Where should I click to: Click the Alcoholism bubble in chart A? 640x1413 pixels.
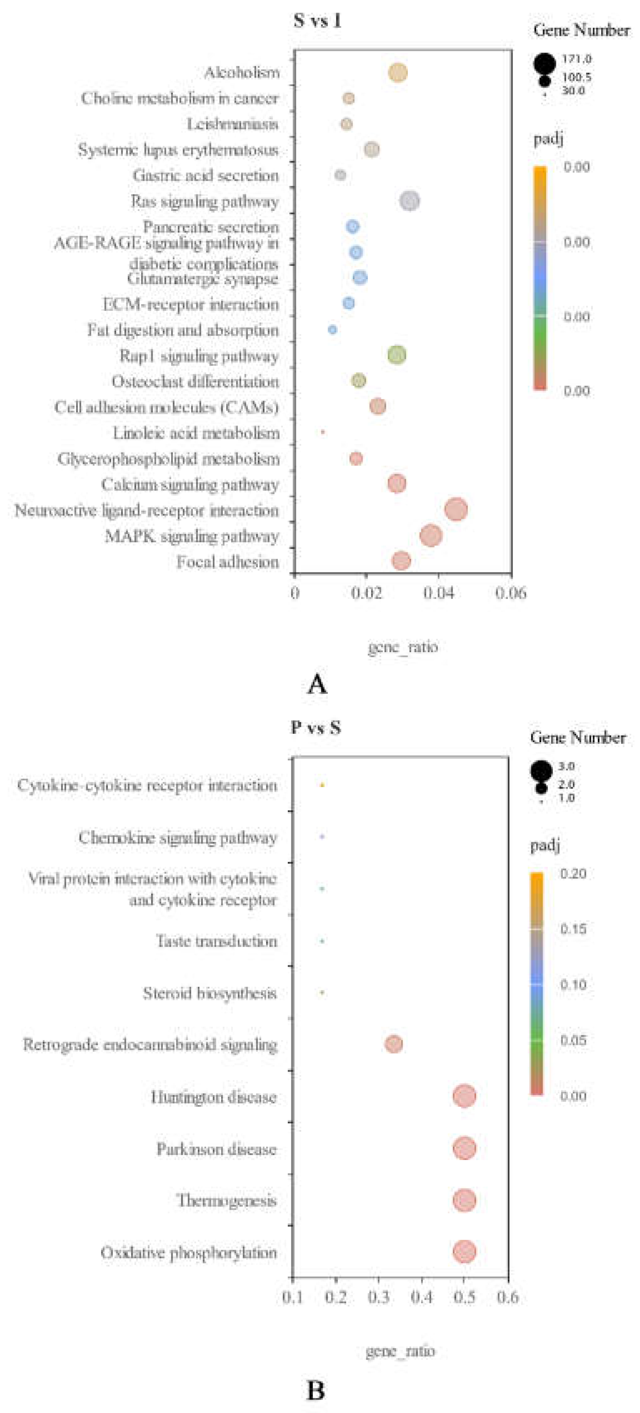click(397, 73)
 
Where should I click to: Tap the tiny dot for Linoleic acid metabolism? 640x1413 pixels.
click(322, 432)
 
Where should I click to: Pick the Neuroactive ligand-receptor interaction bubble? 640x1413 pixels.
click(456, 510)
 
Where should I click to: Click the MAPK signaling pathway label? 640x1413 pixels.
click(192, 536)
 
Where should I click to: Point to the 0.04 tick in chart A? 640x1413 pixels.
click(438, 593)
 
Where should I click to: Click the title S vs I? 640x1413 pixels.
click(317, 21)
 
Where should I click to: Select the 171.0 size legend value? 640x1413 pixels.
click(576, 59)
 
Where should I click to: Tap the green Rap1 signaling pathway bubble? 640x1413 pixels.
click(397, 355)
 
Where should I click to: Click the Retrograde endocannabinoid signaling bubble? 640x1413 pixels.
click(393, 1043)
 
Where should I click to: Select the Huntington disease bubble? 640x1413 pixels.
click(464, 1096)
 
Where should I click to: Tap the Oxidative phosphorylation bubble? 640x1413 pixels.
click(464, 1252)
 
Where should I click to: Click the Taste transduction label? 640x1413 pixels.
click(217, 941)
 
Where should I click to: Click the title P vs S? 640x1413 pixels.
click(315, 728)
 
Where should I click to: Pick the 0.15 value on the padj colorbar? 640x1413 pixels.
click(572, 929)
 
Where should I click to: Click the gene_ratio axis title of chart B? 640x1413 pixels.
click(400, 1350)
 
